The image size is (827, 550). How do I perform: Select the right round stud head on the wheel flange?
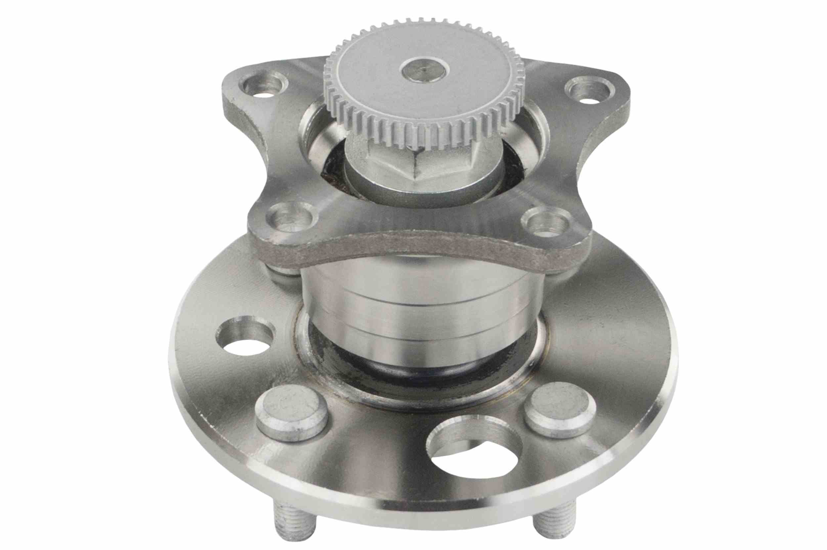[560, 409]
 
